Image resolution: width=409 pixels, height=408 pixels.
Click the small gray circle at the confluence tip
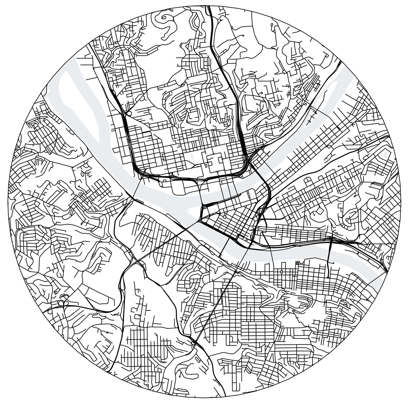coord(187,210)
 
